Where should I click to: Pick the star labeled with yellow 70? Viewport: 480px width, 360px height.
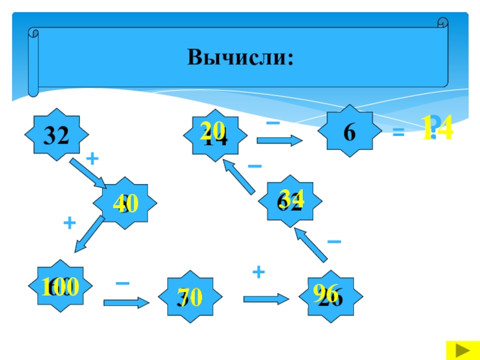(x=188, y=296)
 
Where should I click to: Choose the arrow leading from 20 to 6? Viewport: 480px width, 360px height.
(x=281, y=141)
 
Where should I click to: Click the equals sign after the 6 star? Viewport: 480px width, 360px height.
(x=397, y=134)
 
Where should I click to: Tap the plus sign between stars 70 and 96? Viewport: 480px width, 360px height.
(x=259, y=273)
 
